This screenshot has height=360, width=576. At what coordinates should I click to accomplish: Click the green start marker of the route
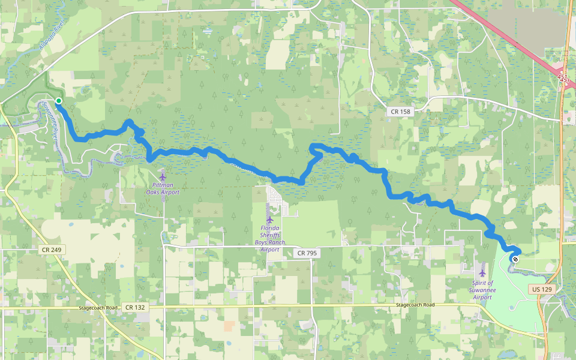pyautogui.click(x=59, y=100)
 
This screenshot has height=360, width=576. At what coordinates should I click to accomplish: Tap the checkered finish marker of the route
pyautogui.click(x=515, y=259)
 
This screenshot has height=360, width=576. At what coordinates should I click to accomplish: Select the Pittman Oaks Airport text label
pyautogui.click(x=163, y=189)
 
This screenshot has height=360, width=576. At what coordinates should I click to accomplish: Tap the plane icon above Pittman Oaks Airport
pyautogui.click(x=163, y=177)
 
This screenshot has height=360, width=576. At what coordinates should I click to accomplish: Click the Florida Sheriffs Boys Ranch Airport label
pyautogui.click(x=270, y=238)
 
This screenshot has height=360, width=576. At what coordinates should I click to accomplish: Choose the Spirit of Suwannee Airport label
pyautogui.click(x=482, y=290)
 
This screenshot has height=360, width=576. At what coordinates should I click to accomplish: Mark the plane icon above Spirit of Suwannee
pyautogui.click(x=482, y=273)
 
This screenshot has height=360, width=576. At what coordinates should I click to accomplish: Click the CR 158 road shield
pyautogui.click(x=400, y=111)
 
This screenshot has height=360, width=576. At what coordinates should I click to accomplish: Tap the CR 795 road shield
pyautogui.click(x=307, y=253)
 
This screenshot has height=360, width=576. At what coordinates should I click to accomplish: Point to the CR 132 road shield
pyautogui.click(x=135, y=307)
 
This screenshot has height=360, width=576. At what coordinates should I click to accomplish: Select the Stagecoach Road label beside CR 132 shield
pyautogui.click(x=97, y=307)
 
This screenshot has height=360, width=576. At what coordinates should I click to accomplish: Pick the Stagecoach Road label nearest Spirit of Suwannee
pyautogui.click(x=415, y=305)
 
